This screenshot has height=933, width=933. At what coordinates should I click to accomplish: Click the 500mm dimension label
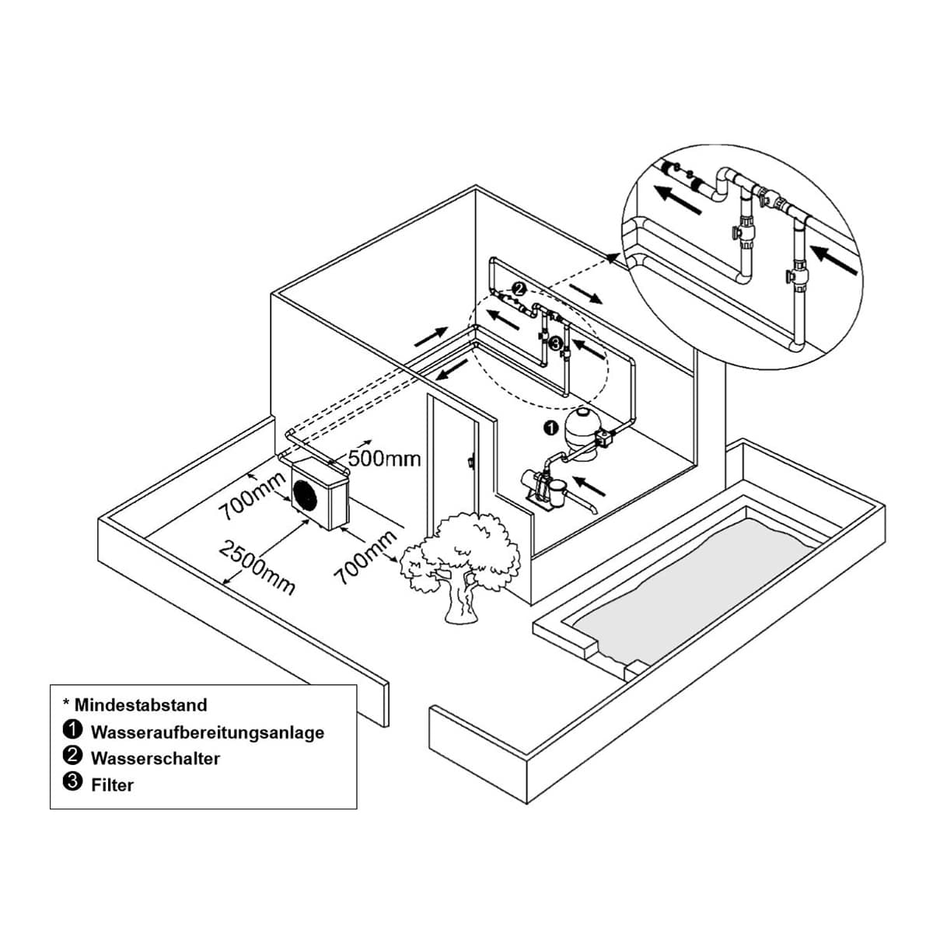pyautogui.click(x=384, y=458)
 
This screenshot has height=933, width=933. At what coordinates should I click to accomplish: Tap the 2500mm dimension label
pyautogui.click(x=257, y=567)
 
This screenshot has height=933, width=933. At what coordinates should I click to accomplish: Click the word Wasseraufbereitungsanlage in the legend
pyautogui.click(x=208, y=732)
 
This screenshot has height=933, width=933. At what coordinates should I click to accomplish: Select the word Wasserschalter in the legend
pyautogui.click(x=155, y=758)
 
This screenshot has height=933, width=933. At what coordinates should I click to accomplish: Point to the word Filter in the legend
pyautogui.click(x=112, y=784)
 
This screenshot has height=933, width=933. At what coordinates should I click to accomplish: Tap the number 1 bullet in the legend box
pyautogui.click(x=72, y=729)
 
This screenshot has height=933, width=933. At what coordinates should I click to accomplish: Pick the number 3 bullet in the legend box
pyautogui.click(x=72, y=781)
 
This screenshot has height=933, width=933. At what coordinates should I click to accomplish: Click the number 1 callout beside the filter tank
pyautogui.click(x=550, y=428)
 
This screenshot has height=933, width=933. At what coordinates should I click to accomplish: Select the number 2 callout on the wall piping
pyautogui.click(x=519, y=289)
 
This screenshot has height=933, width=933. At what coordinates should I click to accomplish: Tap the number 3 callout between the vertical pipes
pyautogui.click(x=555, y=344)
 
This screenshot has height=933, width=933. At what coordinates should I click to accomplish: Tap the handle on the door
pyautogui.click(x=470, y=462)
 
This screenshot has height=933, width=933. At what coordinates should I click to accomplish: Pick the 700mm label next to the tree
pyautogui.click(x=366, y=557)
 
